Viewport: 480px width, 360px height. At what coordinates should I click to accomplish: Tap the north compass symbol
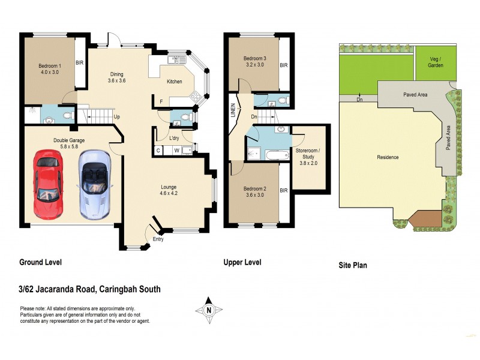click(208, 309)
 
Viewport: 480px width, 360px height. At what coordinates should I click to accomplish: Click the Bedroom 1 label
click(50, 68)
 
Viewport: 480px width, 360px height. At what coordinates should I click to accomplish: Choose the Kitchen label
click(174, 82)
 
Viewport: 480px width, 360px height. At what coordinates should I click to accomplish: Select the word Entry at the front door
click(158, 239)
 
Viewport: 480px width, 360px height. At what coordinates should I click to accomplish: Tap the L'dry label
click(175, 138)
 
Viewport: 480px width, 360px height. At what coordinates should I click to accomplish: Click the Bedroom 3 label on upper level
click(254, 62)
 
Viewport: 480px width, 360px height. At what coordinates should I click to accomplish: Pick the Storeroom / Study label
click(310, 154)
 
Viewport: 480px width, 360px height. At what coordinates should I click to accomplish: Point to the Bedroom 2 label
click(254, 191)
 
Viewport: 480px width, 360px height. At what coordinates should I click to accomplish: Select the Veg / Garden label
click(436, 62)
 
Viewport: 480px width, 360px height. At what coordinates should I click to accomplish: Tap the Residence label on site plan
click(388, 157)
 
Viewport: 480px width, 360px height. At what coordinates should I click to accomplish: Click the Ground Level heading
click(41, 262)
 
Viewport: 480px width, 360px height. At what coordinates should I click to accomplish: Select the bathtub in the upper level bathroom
click(275, 155)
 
